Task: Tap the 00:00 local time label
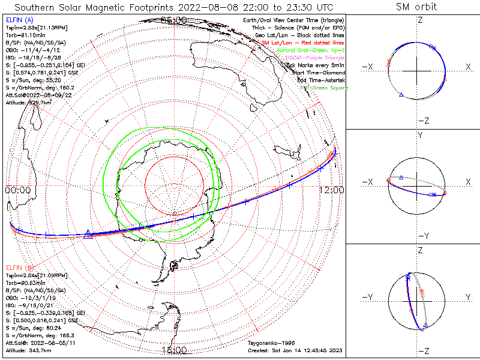[17, 190]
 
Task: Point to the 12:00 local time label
[332, 190]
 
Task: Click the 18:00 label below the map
[175, 350]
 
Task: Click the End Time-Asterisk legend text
[317, 80]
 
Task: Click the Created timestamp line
[295, 350]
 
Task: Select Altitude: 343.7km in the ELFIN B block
[27, 349]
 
